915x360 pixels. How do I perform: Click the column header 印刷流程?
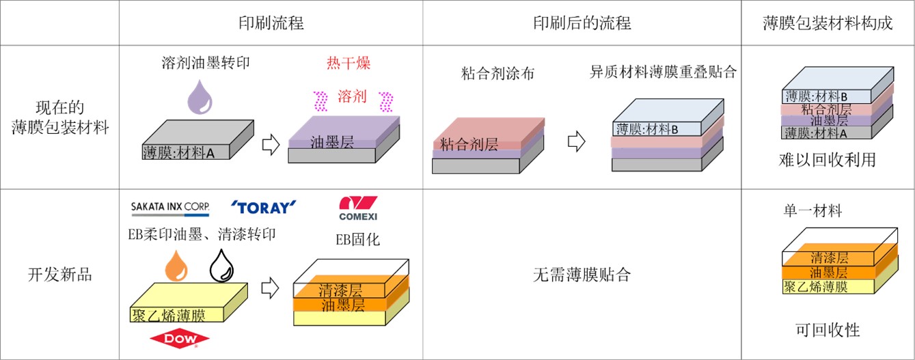270,23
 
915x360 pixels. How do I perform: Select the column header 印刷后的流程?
582,23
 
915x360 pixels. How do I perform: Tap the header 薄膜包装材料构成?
828,23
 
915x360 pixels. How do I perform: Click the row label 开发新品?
60,275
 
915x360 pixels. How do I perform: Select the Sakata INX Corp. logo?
169,206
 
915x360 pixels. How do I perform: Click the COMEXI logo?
358,208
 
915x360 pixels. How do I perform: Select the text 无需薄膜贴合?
582,275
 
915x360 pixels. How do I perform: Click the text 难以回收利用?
828,161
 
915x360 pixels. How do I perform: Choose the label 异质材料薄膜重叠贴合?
663,72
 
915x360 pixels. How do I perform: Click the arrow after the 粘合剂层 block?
577,142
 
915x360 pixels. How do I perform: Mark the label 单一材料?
812,211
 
